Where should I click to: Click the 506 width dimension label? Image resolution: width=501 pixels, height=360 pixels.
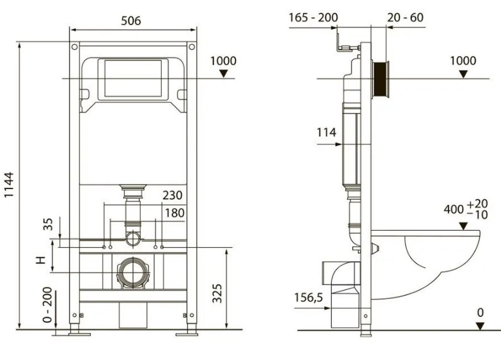click(x=131, y=21)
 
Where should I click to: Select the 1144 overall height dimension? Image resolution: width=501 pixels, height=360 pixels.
click(x=9, y=185)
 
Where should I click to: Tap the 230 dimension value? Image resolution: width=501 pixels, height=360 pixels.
click(x=172, y=195)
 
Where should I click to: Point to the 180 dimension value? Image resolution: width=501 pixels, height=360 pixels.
click(x=175, y=213)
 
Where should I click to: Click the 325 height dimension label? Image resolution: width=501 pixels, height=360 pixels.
click(x=217, y=293)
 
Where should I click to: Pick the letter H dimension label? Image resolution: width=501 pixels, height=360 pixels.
click(x=41, y=260)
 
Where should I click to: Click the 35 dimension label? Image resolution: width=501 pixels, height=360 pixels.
click(x=47, y=224)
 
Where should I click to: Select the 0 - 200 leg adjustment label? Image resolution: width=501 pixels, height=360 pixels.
click(x=47, y=305)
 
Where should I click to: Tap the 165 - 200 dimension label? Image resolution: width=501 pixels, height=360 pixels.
click(x=313, y=17)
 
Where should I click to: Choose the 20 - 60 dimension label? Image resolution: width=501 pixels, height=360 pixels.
click(x=406, y=17)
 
